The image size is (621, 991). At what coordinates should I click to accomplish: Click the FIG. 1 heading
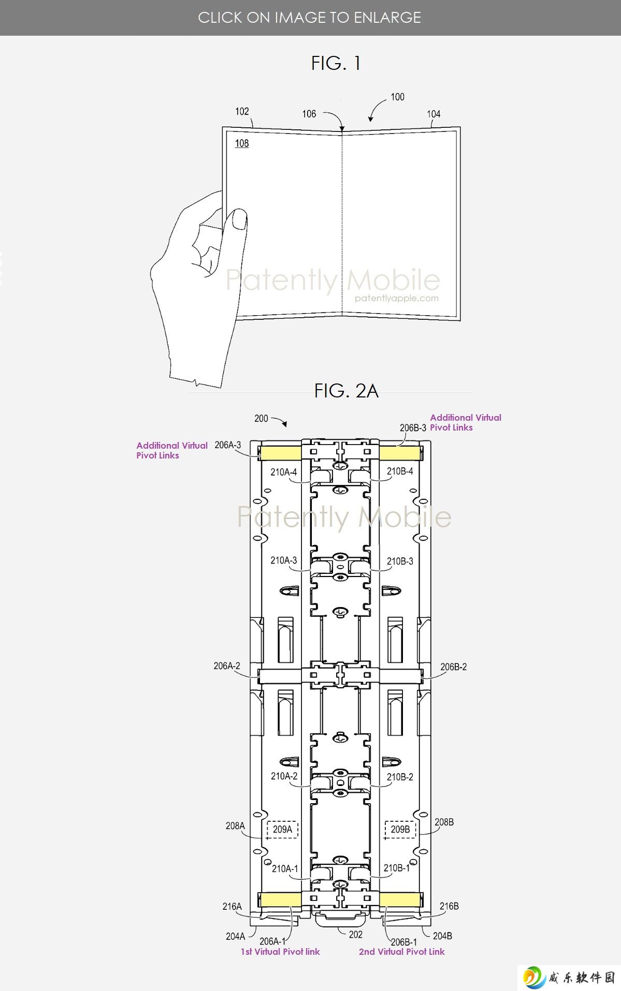(336, 63)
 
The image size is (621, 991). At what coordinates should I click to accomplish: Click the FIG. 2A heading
(346, 391)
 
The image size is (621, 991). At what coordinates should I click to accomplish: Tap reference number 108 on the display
(242, 143)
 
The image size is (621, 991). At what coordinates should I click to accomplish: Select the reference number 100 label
(397, 97)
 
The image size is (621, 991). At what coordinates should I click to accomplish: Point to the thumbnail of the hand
(239, 219)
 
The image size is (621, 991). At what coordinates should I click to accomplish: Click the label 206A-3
(228, 445)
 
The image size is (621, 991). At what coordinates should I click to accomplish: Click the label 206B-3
(413, 428)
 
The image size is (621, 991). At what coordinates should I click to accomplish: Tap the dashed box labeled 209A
(282, 830)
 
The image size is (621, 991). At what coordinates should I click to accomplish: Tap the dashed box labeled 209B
(400, 830)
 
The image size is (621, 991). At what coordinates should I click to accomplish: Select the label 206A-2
(227, 666)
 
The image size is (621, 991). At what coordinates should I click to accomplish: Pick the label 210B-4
(400, 471)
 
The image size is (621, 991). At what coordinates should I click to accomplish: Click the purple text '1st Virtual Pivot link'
(280, 952)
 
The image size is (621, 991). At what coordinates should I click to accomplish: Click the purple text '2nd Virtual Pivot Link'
(402, 952)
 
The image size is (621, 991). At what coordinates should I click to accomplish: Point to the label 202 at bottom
(356, 935)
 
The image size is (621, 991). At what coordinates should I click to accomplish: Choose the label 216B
(449, 906)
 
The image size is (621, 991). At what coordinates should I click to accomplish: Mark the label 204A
(236, 936)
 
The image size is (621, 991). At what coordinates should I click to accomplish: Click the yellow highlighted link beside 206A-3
(280, 453)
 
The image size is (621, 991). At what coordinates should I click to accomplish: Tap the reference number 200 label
(261, 419)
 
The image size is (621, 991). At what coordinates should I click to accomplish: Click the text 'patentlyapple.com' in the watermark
(397, 298)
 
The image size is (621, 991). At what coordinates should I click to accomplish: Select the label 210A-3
(284, 560)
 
